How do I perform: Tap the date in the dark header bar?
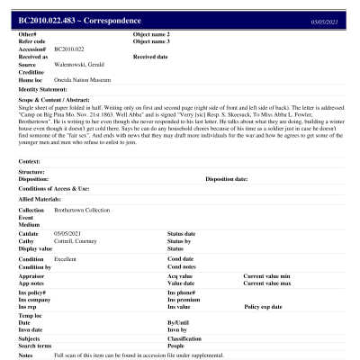pos(324,19)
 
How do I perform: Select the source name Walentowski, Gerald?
pos(80,64)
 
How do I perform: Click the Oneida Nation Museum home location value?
pos(83,79)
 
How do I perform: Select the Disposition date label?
pos(226,179)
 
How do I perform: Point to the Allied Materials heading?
pos(41,199)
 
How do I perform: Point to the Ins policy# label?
pos(33,292)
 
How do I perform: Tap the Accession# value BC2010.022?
pos(69,49)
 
